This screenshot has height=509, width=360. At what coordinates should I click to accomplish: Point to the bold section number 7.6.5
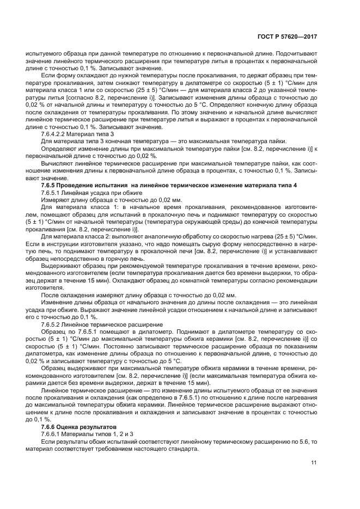coord(50,186)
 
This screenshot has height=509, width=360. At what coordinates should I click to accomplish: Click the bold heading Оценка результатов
coord(88,426)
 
